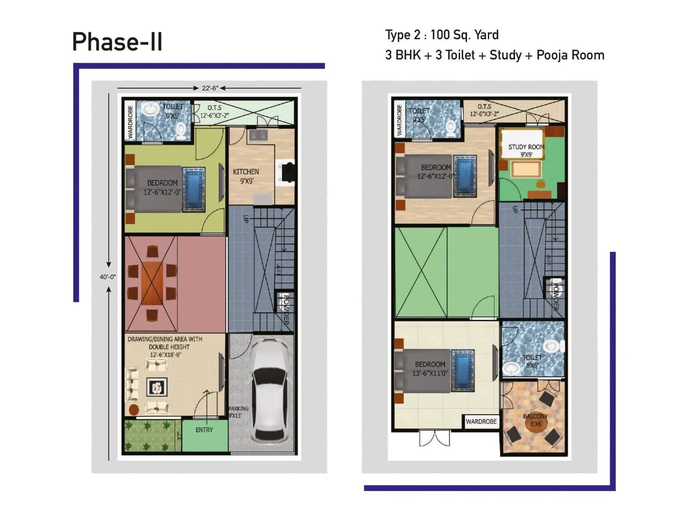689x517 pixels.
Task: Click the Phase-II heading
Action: coord(117,42)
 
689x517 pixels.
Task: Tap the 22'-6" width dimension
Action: coord(210,88)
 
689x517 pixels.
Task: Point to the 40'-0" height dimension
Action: coord(108,277)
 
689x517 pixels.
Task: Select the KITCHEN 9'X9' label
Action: coord(246,176)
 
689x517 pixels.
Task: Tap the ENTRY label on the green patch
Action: coord(204,430)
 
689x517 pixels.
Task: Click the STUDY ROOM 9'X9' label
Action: coord(526,150)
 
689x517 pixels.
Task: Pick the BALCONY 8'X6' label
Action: coord(535,420)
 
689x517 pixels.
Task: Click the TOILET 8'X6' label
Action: coord(532,361)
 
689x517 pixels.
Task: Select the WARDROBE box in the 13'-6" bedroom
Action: coord(481,421)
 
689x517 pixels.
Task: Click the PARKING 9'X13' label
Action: coord(238,412)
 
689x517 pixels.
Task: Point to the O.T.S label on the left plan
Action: coord(214,108)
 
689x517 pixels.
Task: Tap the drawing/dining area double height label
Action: coord(165,346)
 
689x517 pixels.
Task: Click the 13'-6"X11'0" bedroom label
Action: coord(430,369)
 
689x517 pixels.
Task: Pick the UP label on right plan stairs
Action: coord(515,210)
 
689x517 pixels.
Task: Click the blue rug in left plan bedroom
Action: coord(193,190)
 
